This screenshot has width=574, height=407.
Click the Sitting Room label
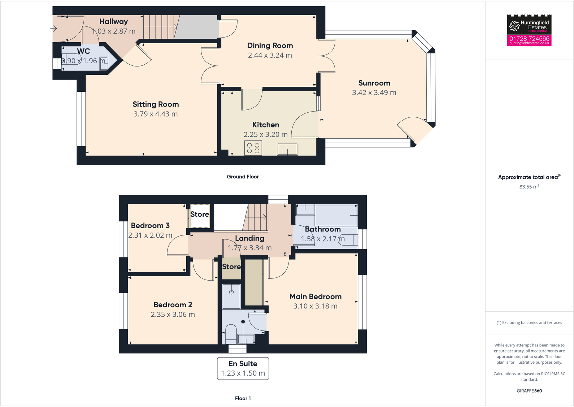[x=156, y=104]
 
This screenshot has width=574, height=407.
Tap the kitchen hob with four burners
[x=253, y=148]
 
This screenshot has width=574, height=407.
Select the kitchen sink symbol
[x=287, y=149]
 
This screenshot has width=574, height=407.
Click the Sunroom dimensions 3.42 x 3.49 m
[x=374, y=93]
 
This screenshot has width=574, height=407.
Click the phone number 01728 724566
[x=529, y=38]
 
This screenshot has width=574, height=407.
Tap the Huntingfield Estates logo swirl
[x=514, y=26]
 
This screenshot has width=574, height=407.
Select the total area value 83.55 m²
[x=529, y=187]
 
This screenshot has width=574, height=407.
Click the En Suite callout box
[x=243, y=368]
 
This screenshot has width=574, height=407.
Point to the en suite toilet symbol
[x=231, y=334]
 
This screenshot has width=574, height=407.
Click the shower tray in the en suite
[x=231, y=296]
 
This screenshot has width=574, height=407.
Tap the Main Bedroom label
[x=315, y=296]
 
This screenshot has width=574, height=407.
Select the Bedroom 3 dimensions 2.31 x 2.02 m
[x=150, y=235]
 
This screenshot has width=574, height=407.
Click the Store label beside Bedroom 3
[x=200, y=214]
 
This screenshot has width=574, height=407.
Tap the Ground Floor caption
[x=243, y=177]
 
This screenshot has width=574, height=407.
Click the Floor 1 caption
[x=243, y=398]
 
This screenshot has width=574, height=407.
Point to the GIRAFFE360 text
[x=529, y=391]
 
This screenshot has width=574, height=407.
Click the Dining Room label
[x=270, y=46]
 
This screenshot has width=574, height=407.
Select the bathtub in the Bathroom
[x=336, y=216]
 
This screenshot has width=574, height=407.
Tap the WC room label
[x=83, y=51]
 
